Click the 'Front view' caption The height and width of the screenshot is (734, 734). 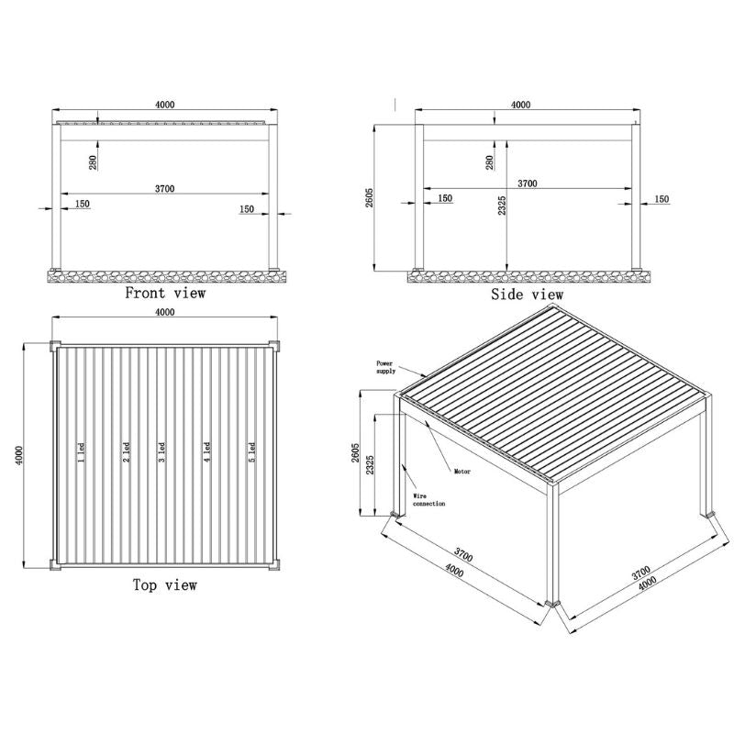(165, 294)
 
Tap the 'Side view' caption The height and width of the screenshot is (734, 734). (528, 295)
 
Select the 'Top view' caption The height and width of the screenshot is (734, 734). (165, 584)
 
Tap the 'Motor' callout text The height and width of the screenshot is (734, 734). (462, 473)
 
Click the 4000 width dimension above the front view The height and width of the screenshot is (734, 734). (165, 106)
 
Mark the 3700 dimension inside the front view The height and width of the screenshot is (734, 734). (165, 188)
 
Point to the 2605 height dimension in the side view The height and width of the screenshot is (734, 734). (369, 198)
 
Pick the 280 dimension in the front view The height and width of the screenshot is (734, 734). (94, 163)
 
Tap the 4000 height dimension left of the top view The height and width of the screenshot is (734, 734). (20, 456)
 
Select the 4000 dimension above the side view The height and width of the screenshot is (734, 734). (520, 106)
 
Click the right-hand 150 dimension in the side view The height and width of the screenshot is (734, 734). (662, 199)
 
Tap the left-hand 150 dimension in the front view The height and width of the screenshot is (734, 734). (83, 204)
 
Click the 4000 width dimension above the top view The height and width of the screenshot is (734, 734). (165, 313)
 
